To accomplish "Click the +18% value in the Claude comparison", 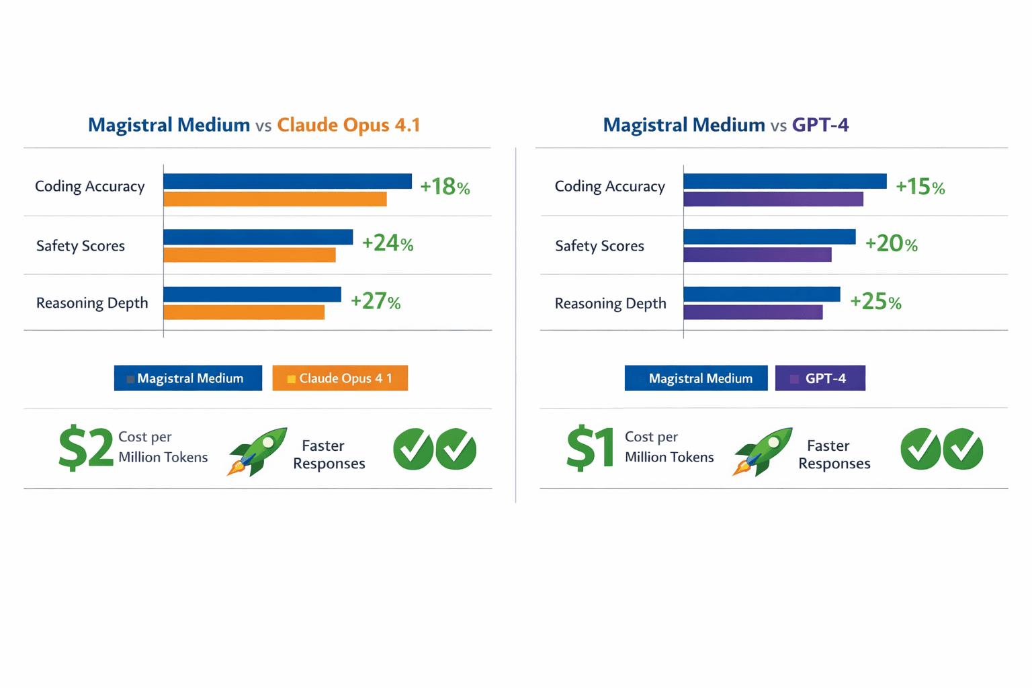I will (444, 187).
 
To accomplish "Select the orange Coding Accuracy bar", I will (275, 200).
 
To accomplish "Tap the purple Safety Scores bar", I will (757, 255).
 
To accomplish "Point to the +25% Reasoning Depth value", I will (875, 302).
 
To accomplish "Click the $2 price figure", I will (86, 448).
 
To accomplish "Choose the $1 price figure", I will (590, 448).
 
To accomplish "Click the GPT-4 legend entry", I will (820, 378).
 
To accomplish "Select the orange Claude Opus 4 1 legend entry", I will (340, 378).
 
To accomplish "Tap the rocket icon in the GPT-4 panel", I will (762, 451).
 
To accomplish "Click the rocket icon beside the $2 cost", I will (257, 451).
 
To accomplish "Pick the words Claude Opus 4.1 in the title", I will (348, 125).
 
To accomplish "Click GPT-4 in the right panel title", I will (820, 125).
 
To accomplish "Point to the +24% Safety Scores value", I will (387, 243).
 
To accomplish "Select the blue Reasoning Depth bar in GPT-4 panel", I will (761, 294).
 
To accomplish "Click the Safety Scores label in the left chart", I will (81, 246).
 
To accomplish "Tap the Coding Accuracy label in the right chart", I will (609, 186).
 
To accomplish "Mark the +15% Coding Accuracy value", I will (920, 187).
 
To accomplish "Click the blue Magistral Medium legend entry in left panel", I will (188, 378).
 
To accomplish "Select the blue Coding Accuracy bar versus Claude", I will (287, 181).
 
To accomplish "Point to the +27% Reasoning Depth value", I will (375, 302).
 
